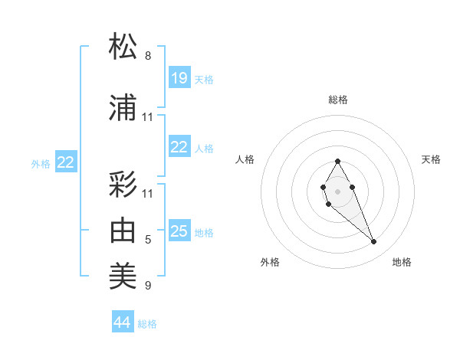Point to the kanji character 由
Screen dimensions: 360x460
[123, 231]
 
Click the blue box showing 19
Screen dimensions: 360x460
[179, 78]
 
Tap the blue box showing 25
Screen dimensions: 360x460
[179, 231]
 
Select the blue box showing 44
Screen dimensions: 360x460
[123, 322]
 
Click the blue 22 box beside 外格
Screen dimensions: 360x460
[66, 162]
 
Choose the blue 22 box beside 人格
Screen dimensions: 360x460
[179, 147]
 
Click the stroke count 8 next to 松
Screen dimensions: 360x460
[148, 56]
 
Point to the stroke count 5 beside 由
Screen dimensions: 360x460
[148, 241]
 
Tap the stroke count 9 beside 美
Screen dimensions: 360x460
[148, 286]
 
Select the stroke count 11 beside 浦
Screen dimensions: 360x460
[148, 117]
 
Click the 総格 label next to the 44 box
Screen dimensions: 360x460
[147, 324]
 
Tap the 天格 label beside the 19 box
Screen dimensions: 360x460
[204, 80]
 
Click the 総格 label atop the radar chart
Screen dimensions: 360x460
[338, 100]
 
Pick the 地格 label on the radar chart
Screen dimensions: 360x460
[402, 262]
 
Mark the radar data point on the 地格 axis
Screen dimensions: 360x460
[374, 242]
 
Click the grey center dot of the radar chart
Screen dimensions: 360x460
[337, 190]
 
